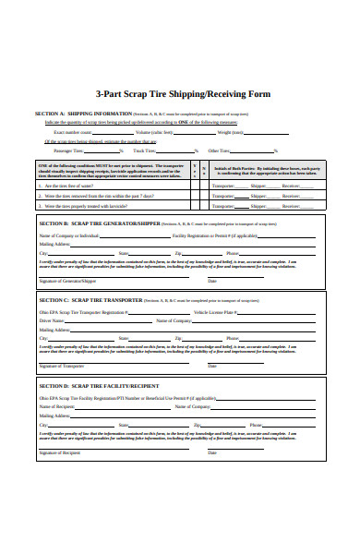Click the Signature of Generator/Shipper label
pyautogui.click(x=67, y=280)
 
